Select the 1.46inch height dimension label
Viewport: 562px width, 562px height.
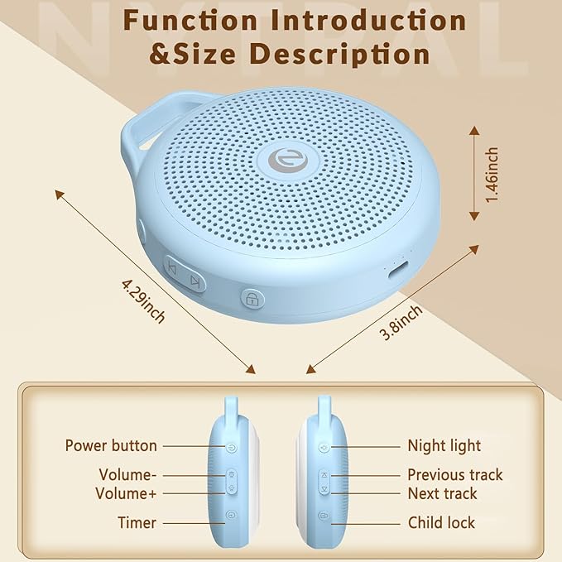click(492, 174)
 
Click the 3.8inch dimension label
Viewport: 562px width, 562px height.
click(401, 324)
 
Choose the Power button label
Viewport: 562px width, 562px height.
click(111, 446)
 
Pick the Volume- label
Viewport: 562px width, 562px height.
click(127, 475)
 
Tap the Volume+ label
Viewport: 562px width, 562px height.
click(127, 493)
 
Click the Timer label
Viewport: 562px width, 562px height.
click(136, 522)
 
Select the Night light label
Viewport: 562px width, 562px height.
click(444, 446)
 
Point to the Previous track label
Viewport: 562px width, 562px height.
click(454, 475)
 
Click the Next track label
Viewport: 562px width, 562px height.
click(442, 493)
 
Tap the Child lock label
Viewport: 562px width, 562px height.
click(441, 522)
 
